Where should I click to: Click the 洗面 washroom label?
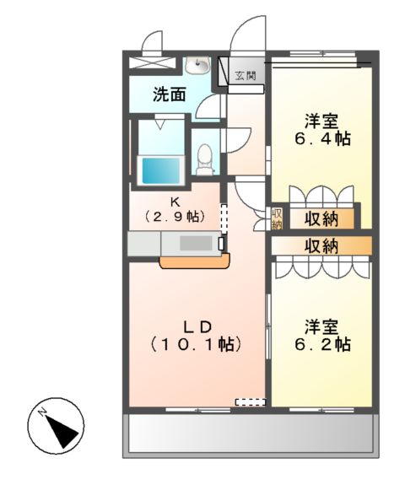point(170,94)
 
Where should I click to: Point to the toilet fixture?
point(204,159)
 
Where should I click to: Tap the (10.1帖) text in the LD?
point(197,344)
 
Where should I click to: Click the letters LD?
point(197,326)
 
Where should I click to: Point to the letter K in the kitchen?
point(175,202)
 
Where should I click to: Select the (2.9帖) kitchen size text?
point(175,216)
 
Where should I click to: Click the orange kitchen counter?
point(195,261)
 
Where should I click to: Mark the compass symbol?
point(56,426)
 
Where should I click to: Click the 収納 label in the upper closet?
point(321,218)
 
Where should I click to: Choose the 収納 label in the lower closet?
point(321,247)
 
